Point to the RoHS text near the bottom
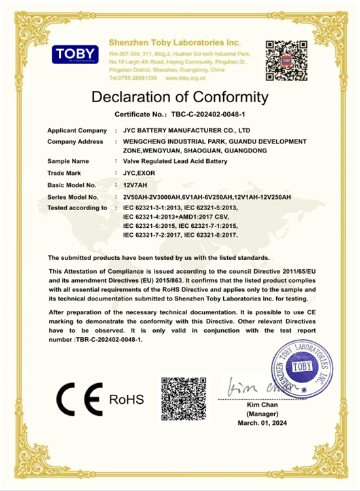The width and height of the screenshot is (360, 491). coord(126,399)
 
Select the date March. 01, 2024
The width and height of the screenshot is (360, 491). coord(262,424)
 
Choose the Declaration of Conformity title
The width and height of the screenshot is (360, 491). coord(180,98)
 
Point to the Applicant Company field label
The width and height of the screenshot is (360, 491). coord(77,131)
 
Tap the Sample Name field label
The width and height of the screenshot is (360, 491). coord(68,161)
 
